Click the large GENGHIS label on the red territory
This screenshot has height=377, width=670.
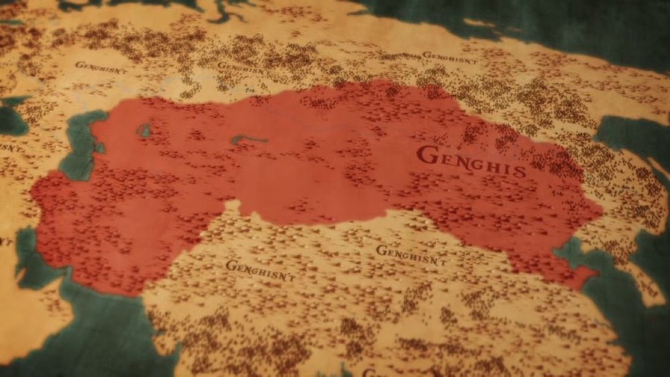click(470, 161)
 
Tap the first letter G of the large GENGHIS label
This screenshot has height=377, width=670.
click(425, 155)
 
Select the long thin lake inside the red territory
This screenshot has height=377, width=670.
click(249, 139)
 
